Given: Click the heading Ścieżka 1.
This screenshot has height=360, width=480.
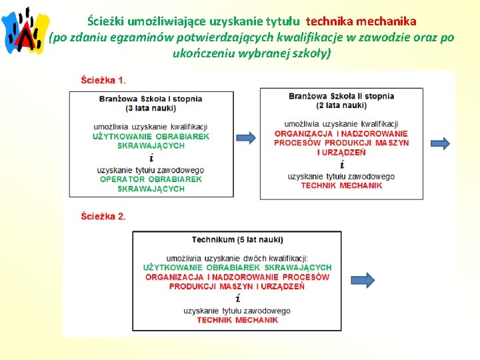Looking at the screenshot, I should (x=103, y=81).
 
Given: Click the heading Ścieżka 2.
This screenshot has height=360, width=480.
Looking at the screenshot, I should (x=103, y=216).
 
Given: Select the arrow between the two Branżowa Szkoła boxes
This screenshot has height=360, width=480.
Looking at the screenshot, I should (x=245, y=138).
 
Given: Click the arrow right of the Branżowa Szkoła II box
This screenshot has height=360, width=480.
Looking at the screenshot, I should (x=440, y=143).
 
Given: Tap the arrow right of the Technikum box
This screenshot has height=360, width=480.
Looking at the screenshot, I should (x=363, y=280).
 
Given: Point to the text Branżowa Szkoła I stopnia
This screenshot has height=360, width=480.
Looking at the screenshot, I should (x=151, y=99).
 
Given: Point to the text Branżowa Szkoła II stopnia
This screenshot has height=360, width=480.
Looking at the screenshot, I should (x=341, y=96).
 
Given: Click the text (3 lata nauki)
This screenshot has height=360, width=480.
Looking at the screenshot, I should (x=151, y=108).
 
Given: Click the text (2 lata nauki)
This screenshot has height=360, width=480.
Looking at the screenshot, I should (x=341, y=105).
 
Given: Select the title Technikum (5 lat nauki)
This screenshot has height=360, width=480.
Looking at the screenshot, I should (x=237, y=239).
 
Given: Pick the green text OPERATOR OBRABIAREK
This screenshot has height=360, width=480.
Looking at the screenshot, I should (x=151, y=179).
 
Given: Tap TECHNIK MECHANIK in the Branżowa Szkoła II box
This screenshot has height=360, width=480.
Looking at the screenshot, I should (x=341, y=185).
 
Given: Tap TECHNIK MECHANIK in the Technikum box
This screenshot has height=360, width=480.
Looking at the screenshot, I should (x=237, y=320).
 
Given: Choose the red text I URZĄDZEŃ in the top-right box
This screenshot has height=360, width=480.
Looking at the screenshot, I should (x=341, y=152).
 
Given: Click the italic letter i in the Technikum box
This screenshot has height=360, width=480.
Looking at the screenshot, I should (x=237, y=298).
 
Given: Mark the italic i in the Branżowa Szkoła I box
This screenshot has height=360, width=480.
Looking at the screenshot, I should (x=151, y=158).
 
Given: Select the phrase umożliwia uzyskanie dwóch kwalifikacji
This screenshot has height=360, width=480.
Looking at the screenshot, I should (x=237, y=258).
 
